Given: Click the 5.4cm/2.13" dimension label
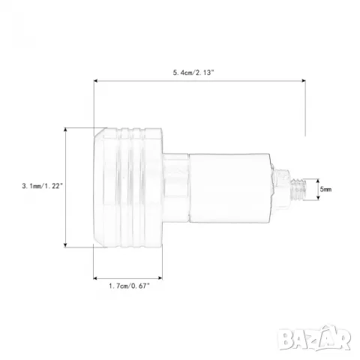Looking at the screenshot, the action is coord(193,73).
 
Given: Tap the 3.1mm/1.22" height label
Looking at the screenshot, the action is coord(42,186).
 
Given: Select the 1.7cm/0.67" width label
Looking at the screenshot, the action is coord(129,286).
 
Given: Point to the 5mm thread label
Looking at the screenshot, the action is coord(325,189).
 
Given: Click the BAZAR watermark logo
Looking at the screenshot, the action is coord(314,338).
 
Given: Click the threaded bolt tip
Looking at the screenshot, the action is coord(298,190).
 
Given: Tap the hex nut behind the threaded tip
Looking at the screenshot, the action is coord(281,189).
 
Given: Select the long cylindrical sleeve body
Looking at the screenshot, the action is coord(229,187).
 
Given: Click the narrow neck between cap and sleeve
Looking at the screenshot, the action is coord(175,187).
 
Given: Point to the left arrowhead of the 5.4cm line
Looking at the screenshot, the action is coord(95,81).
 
